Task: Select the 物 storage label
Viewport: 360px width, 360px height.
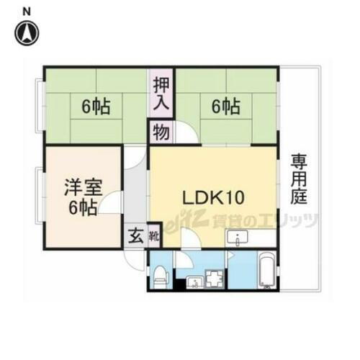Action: point(159,132)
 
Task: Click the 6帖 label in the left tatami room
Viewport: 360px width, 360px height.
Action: point(96,108)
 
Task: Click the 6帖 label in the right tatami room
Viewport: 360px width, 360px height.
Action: point(226,108)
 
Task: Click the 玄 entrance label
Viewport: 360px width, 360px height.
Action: point(135,235)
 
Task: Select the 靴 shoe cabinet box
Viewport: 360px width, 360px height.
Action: point(153,235)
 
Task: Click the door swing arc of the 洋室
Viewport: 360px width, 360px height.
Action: point(109,204)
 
